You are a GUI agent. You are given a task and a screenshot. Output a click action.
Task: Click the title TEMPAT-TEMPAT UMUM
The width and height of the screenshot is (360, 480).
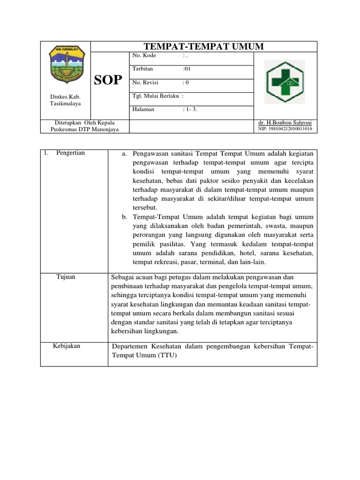pos(203,46)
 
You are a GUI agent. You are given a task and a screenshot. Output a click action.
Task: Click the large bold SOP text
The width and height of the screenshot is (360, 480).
pos(108,80)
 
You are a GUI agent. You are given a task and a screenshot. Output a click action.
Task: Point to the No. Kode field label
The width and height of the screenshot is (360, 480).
pos(144,55)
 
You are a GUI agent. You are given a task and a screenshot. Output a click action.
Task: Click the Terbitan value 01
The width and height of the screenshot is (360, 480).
pos(186,69)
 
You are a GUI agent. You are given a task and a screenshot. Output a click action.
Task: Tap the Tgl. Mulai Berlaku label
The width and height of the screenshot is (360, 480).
pos(157,97)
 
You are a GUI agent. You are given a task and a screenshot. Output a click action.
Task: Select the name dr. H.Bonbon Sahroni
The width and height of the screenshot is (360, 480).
pos(285,122)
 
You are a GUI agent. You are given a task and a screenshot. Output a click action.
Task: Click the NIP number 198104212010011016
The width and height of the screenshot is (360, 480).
pos(285,129)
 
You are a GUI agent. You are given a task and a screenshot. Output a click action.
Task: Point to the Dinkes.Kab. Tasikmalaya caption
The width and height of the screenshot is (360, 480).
pos(65,100)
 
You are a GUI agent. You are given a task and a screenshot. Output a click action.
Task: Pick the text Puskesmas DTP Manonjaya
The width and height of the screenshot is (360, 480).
pos(85,129)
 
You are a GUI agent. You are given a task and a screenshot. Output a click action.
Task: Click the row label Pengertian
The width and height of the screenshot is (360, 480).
pos(70,153)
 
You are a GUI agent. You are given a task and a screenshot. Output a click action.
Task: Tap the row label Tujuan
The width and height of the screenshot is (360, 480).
pos(66,277)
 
